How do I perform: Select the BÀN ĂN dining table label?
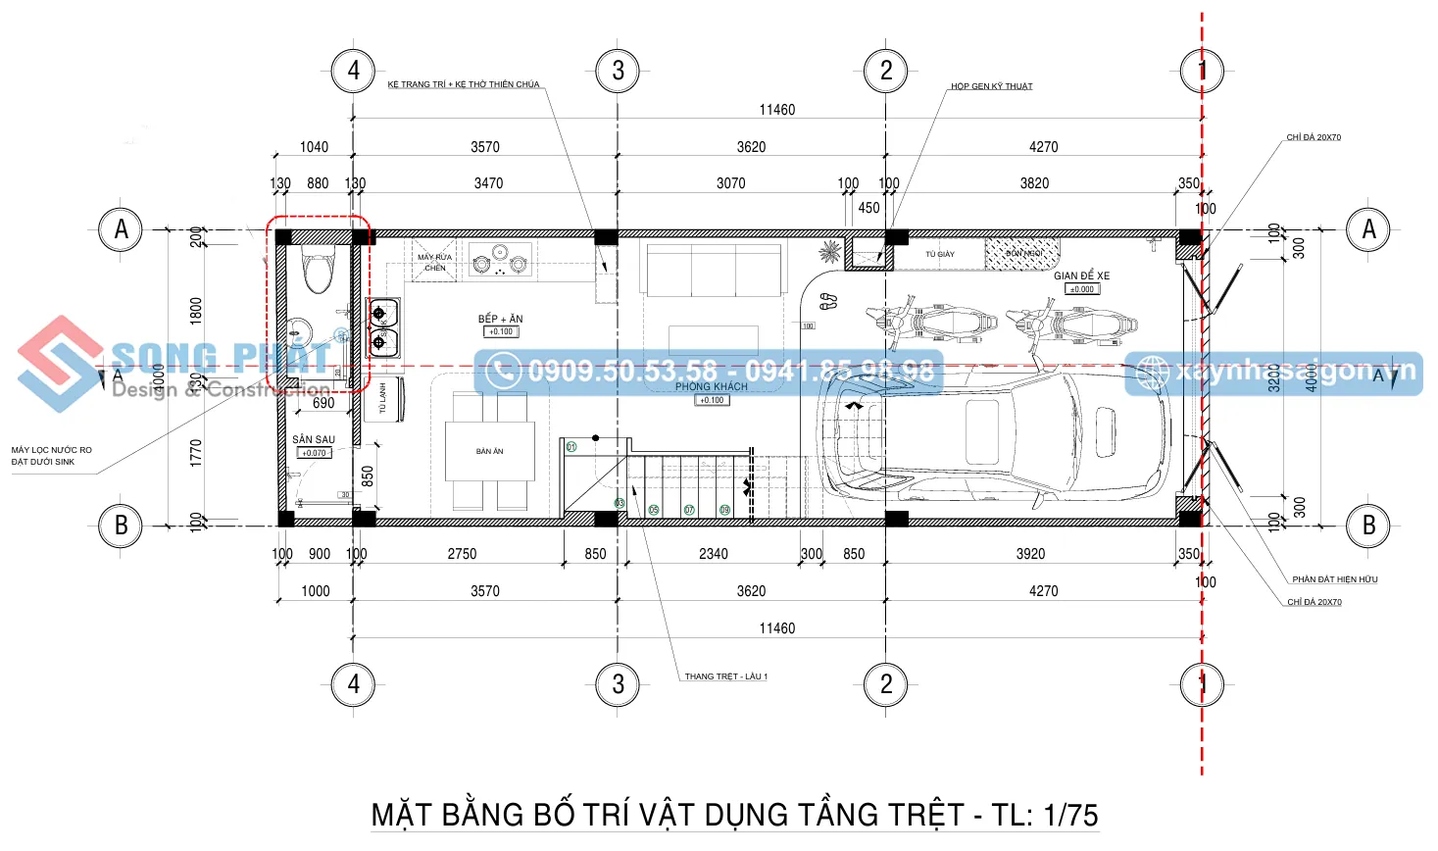489,451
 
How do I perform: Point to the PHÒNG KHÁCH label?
711,386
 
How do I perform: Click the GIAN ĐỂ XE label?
1081,275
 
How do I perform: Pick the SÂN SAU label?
314,439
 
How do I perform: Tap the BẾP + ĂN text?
500,319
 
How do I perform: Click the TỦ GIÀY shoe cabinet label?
939,254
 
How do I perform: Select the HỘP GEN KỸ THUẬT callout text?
991,86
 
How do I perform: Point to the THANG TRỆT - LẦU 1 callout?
725,676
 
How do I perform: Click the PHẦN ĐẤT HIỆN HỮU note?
1334,579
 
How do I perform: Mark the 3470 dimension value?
488,183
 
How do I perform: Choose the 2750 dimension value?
462,554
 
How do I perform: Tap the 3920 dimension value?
1030,554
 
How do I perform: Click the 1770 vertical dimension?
196,452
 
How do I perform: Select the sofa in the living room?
713,270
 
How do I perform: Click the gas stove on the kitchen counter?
500,262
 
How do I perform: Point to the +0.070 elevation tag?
314,453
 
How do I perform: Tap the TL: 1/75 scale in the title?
1044,815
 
